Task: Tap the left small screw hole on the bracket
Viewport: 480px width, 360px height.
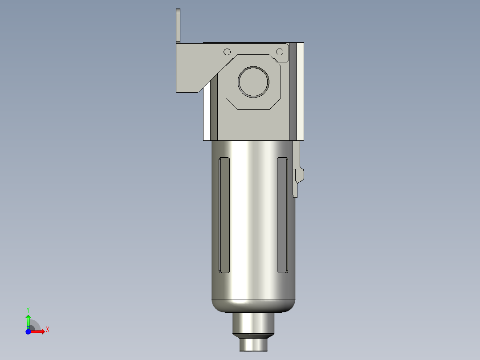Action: click(227, 52)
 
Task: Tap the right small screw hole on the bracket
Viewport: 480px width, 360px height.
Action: click(280, 52)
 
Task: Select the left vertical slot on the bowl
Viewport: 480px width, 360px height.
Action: click(224, 215)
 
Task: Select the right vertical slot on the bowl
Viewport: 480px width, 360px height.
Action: click(283, 215)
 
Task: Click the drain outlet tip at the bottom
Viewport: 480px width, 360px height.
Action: click(254, 344)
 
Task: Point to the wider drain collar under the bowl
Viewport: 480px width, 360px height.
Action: click(254, 323)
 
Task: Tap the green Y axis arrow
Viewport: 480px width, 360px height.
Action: click(28, 320)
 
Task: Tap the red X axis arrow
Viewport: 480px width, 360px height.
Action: click(38, 331)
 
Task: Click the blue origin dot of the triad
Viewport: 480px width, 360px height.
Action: click(28, 331)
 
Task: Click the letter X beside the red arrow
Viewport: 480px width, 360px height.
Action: click(48, 330)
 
